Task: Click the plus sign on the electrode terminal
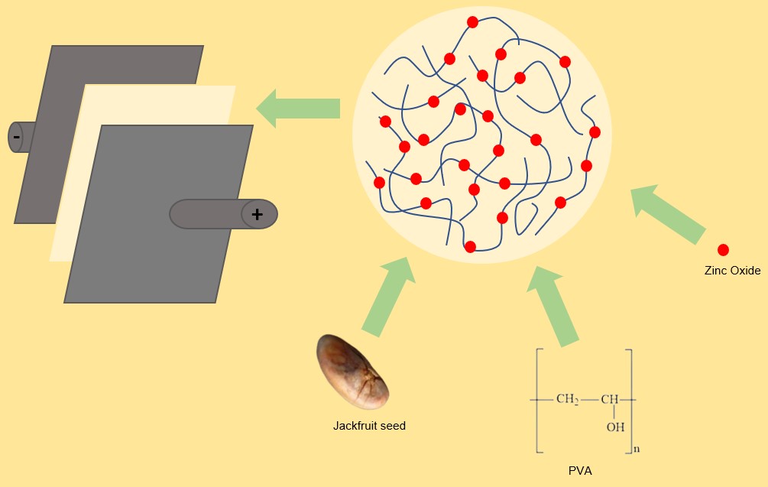click(257, 215)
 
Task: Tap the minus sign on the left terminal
click(16, 138)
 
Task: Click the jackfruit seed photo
click(352, 372)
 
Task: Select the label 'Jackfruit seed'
click(369, 426)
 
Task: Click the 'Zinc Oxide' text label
click(732, 271)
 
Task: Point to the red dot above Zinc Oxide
click(723, 250)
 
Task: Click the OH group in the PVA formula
click(615, 427)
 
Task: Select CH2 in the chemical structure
click(567, 399)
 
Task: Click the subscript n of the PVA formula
click(637, 449)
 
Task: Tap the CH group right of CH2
click(609, 399)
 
